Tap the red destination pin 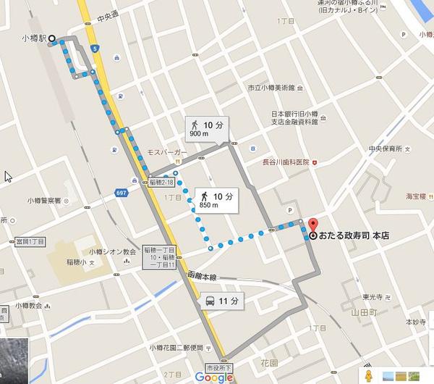pos(312,225)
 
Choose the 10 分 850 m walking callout pos(215,201)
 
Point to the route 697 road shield pos(121,193)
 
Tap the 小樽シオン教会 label pos(113,251)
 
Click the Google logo pos(213,377)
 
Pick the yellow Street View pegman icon pos(370,375)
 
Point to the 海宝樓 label pos(417,196)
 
